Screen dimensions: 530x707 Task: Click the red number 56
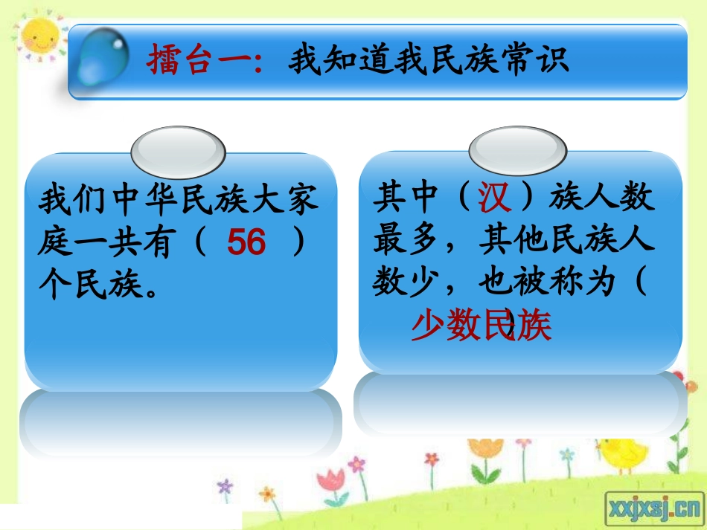click(x=246, y=242)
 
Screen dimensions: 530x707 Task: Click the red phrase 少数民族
click(x=482, y=326)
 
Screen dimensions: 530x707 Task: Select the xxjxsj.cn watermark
click(x=655, y=508)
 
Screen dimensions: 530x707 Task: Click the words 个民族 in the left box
click(x=89, y=286)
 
